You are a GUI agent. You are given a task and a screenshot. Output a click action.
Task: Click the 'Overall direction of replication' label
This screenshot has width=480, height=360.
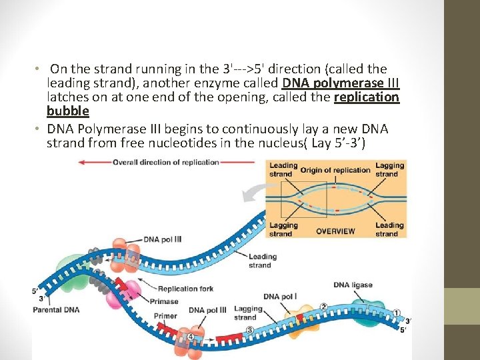[x=165, y=162]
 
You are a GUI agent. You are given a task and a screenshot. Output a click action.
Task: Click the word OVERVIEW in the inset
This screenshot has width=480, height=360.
[x=335, y=231]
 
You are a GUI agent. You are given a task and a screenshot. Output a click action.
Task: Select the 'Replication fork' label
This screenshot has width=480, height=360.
[x=186, y=289]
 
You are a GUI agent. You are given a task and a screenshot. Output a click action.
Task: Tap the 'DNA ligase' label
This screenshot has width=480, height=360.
[x=353, y=285]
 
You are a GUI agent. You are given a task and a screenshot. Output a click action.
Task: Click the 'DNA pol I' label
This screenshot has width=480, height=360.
[x=280, y=297]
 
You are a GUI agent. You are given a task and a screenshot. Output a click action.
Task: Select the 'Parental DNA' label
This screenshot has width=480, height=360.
[x=55, y=309]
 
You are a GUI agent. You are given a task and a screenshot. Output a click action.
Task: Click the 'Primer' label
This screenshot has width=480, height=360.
[x=165, y=316]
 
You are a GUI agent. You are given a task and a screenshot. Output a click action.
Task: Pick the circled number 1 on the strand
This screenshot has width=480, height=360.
[x=396, y=312]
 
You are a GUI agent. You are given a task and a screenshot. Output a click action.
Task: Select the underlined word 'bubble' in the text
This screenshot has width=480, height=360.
[x=67, y=111]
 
